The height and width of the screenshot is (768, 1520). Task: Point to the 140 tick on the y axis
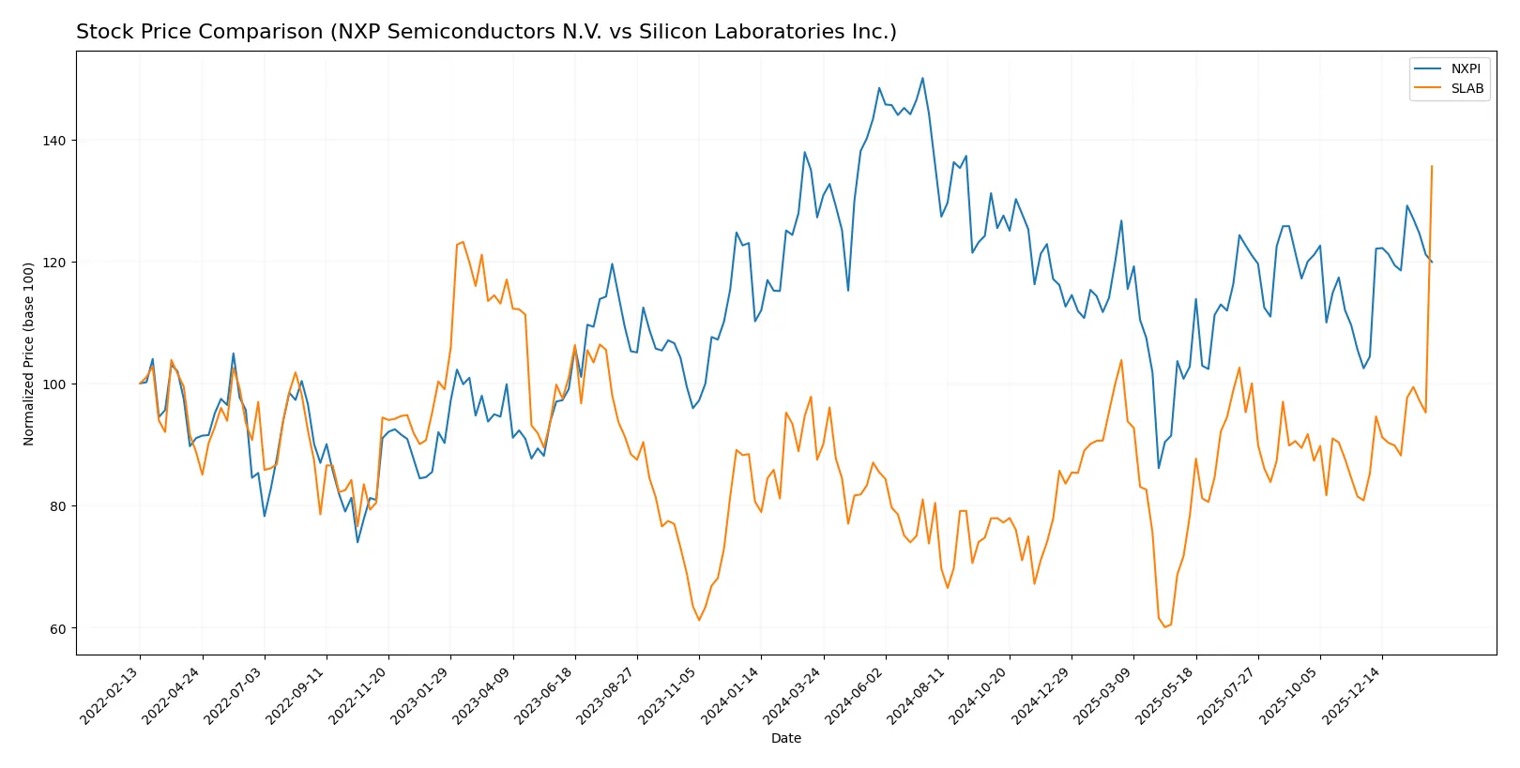[x=54, y=141]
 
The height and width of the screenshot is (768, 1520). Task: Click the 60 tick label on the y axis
[x=58, y=628]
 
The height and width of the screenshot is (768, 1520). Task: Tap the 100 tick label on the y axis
[x=54, y=384]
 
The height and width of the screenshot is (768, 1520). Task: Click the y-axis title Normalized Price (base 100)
[x=29, y=354]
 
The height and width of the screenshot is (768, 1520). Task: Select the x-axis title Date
[x=785, y=738]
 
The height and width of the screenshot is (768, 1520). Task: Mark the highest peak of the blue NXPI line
[x=922, y=78]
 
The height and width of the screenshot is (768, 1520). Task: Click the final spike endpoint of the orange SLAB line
[x=1431, y=166]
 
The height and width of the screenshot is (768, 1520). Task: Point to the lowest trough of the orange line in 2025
[x=1164, y=626]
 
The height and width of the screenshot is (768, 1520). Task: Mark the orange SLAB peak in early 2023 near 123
[x=463, y=242]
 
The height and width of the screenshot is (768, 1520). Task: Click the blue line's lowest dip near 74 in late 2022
[x=357, y=542]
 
